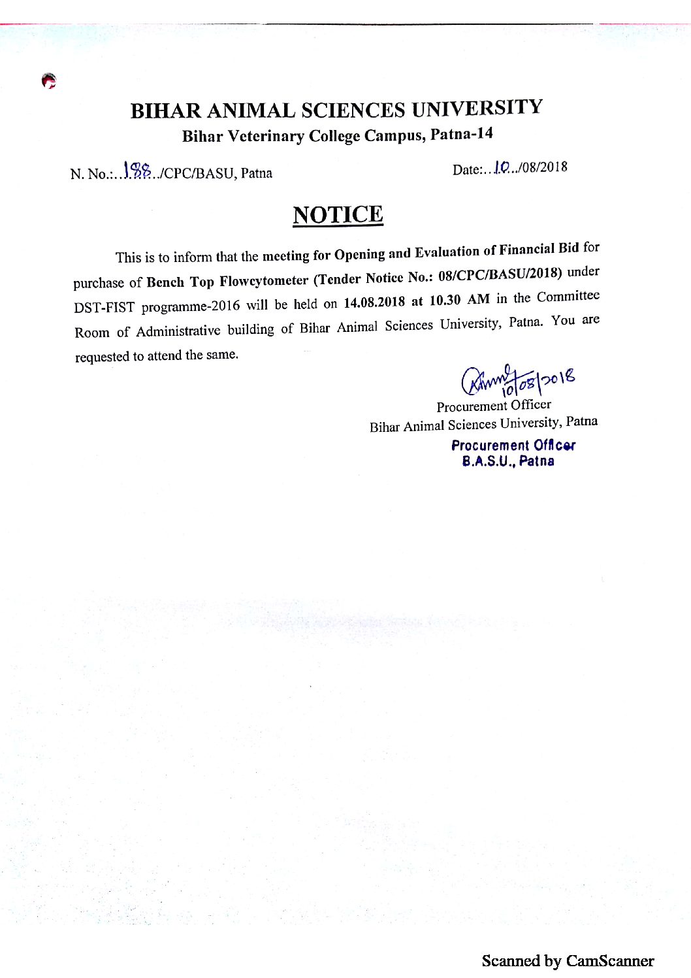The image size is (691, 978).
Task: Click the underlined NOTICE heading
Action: coord(338,215)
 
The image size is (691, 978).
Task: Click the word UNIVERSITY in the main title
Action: coord(477,108)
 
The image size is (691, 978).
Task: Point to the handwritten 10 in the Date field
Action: coord(502,168)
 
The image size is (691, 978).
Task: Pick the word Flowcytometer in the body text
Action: coord(264,281)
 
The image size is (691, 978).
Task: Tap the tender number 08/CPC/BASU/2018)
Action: coord(500,274)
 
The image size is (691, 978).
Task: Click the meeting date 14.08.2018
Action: coord(374,302)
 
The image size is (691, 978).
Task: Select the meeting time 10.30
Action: coord(445,301)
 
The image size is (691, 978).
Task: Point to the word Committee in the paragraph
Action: coord(568,297)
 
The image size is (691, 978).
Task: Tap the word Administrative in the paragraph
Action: coord(178,331)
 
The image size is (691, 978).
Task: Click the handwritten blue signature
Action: coord(516,381)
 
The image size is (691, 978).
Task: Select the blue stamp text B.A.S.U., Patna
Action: coord(508,461)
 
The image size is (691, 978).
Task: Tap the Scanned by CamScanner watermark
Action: coord(568,960)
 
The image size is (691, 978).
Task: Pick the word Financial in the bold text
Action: coord(526,250)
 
